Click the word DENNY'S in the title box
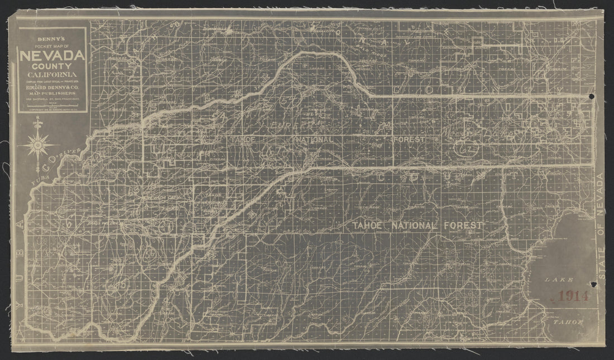pos(52,39)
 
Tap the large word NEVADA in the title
pos(52,56)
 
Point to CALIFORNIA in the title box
pos(52,75)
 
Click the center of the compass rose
pos(38,145)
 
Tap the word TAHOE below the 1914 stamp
pos(568,323)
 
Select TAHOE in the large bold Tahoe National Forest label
pos(371,225)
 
